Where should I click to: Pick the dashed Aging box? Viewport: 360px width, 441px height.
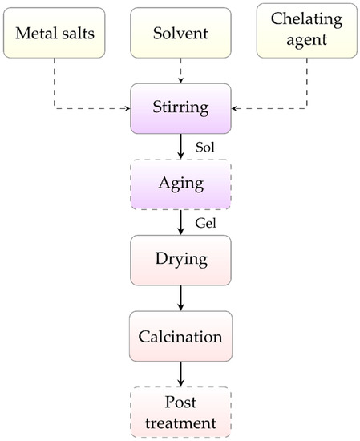[x=180, y=183]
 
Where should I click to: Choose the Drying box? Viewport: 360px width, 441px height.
[x=180, y=260]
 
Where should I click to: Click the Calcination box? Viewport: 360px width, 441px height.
[x=180, y=334]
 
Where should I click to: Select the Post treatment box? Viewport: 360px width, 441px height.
[x=180, y=411]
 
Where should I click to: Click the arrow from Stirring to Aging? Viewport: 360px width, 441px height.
[x=180, y=145]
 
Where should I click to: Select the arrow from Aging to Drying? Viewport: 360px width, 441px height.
[x=180, y=221]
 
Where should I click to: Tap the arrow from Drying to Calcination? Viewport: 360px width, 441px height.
[x=180, y=297]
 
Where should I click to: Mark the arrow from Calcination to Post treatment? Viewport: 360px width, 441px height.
[x=180, y=373]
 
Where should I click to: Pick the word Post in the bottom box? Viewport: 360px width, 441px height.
[x=180, y=401]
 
